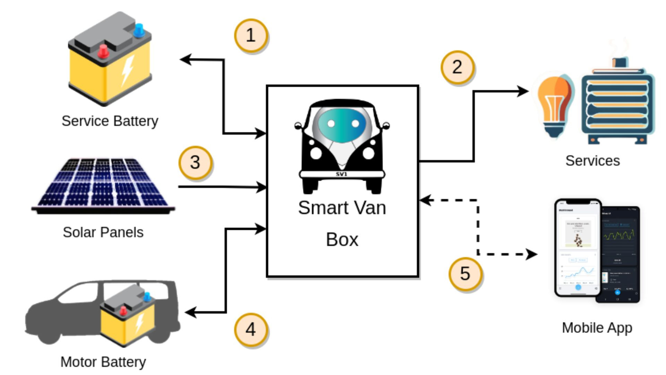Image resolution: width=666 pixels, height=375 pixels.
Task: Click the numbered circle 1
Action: click(x=250, y=35)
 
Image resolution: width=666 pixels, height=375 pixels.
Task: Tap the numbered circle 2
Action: click(x=457, y=67)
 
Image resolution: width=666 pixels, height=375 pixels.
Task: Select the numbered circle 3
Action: click(x=195, y=162)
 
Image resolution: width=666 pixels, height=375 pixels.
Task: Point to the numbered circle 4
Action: click(x=250, y=329)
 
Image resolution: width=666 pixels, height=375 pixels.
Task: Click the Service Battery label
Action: click(x=110, y=121)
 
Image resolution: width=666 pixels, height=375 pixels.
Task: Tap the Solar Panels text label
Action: click(x=103, y=232)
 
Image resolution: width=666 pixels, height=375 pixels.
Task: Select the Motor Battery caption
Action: click(x=103, y=362)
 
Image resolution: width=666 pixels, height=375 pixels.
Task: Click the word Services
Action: click(x=592, y=160)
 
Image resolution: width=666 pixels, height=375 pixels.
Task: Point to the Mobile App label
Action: click(x=597, y=327)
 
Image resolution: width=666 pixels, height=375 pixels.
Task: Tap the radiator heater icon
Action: click(x=617, y=104)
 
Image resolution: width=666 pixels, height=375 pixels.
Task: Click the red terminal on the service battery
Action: click(x=103, y=51)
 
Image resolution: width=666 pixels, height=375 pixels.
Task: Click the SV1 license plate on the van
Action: click(x=342, y=174)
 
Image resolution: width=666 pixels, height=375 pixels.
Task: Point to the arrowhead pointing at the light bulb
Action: click(x=523, y=92)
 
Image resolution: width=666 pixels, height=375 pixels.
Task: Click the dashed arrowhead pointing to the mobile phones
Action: click(x=531, y=254)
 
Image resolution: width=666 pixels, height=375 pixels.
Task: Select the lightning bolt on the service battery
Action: click(x=127, y=70)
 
